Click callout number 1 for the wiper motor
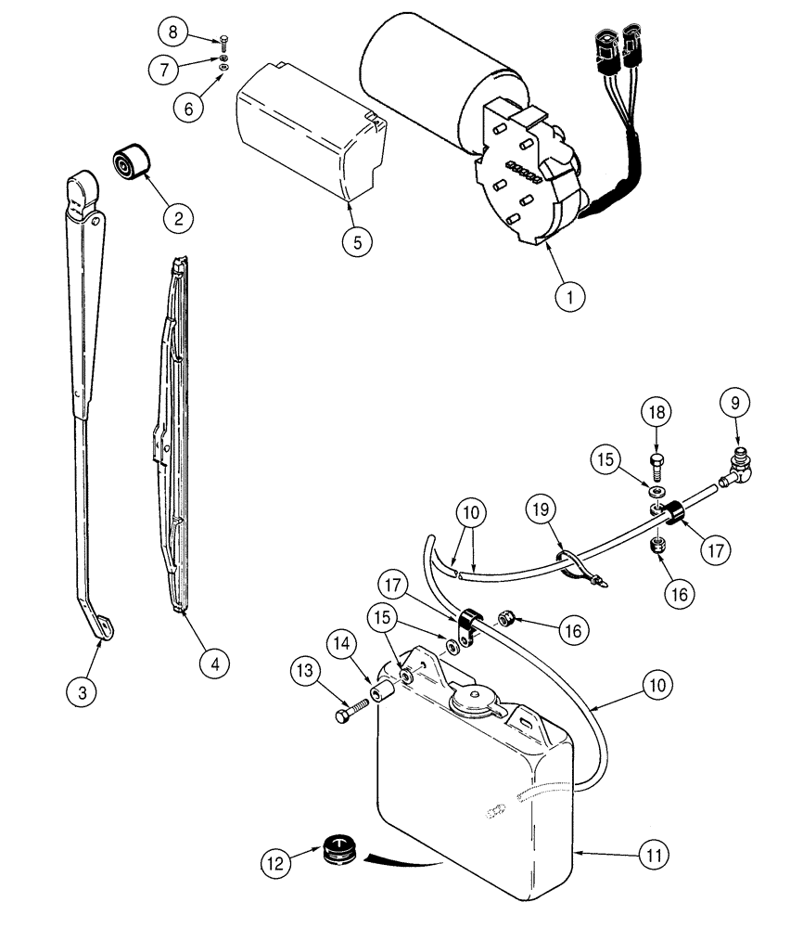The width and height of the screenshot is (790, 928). click(x=570, y=297)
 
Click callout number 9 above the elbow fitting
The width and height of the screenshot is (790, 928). click(x=737, y=404)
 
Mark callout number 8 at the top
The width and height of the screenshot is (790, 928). click(x=172, y=33)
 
